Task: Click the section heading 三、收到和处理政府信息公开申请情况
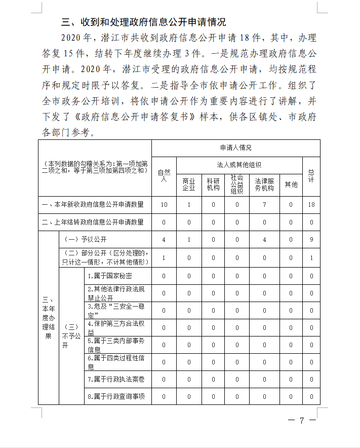143,22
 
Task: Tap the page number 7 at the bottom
301,420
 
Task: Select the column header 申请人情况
235,148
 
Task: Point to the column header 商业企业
189,184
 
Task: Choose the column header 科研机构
213,184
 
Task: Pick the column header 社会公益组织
237,184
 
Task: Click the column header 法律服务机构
264,184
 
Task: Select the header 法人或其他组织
239,165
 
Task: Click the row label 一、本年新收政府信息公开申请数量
94,205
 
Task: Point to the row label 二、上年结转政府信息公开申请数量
94,222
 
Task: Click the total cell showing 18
311,205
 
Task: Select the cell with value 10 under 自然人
164,205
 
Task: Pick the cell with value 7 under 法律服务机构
264,205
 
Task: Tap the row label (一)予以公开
84,239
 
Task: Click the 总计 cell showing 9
311,239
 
